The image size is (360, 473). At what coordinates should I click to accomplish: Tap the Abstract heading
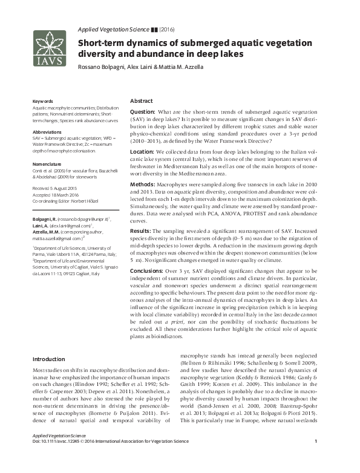point(142,101)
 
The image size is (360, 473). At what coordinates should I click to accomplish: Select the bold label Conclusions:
point(147,272)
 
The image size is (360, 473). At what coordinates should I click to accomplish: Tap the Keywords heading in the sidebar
point(42,101)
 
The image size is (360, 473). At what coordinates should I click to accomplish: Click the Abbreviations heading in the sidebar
point(47,131)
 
